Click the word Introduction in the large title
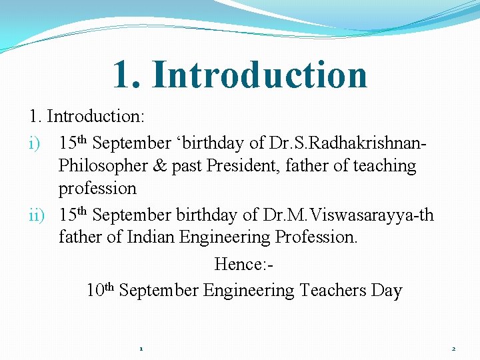[259, 75]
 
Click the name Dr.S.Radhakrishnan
[346, 143]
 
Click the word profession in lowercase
[97, 188]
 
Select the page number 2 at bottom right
[453, 349]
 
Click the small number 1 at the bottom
[141, 349]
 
